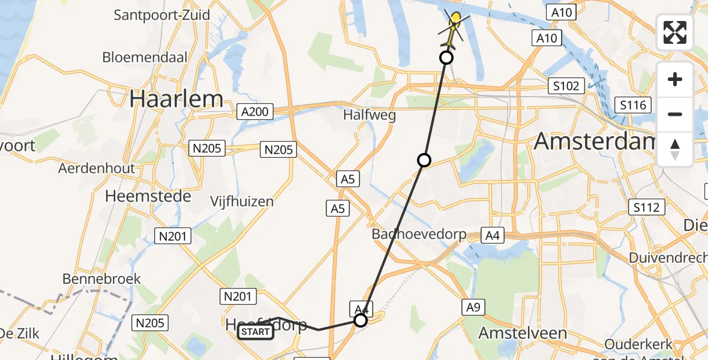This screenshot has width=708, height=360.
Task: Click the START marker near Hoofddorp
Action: click(256, 332)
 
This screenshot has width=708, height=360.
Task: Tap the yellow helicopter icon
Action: click(454, 24)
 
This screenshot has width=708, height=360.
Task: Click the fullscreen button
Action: click(675, 32)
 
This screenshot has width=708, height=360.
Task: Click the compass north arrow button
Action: click(675, 149)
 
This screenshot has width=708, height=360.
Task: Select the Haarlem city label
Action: click(176, 99)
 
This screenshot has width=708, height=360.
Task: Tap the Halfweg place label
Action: click(370, 115)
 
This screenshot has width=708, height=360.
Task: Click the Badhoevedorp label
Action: click(419, 234)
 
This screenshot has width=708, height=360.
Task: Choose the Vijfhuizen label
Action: click(242, 202)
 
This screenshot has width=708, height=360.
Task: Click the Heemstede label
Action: click(148, 196)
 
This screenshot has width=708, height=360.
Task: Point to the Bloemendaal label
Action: click(145, 58)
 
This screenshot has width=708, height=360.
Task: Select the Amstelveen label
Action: click(523, 333)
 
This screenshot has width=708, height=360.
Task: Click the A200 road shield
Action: click(255, 112)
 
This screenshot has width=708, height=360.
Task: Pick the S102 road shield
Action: click(566, 86)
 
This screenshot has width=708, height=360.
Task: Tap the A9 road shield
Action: click(473, 308)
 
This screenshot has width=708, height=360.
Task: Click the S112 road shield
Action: click(647, 208)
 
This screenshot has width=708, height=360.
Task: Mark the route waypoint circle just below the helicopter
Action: click(446, 58)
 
